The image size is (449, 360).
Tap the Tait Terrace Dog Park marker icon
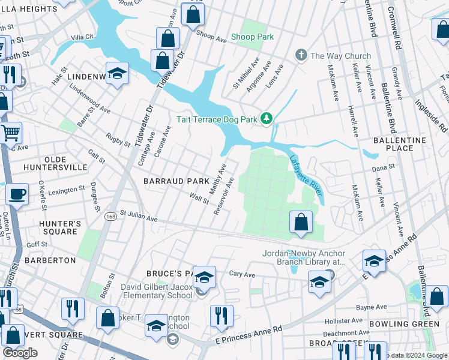267,119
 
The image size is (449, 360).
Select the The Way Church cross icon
301,56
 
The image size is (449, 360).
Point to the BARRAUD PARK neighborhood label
175,181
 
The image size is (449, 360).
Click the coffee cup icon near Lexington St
17,194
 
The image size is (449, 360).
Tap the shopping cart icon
11,133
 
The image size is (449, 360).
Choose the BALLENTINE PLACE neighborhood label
400,144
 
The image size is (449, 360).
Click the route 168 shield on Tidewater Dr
112,217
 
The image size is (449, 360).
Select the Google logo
20,353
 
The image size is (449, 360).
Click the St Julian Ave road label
138,215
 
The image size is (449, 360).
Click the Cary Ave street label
242,274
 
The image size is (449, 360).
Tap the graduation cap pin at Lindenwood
118,74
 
